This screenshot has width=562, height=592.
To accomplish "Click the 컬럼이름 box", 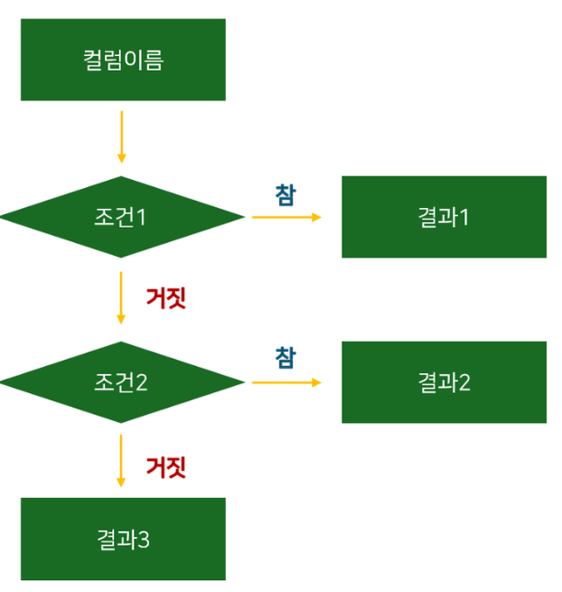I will [123, 60].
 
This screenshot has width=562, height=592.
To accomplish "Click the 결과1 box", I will [444, 217].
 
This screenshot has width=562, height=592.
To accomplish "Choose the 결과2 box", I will [444, 382].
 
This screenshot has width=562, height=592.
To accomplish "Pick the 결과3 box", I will [123, 540].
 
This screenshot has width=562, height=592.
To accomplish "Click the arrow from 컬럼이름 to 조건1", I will [121, 136].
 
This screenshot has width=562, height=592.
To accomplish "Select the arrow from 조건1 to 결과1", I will [285, 217].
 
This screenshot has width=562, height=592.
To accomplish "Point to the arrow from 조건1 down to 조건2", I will [121, 296].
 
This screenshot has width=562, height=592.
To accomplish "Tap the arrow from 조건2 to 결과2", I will [285, 382].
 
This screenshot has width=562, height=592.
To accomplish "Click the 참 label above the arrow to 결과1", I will [285, 195].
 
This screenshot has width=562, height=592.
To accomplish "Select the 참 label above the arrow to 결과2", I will [285, 357].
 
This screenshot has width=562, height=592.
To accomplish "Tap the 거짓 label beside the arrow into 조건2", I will [166, 297].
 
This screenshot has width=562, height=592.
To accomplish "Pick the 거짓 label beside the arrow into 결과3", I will [166, 467].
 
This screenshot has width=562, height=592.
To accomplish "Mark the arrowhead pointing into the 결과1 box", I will [316, 217].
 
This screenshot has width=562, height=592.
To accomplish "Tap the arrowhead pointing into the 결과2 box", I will [316, 382].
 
